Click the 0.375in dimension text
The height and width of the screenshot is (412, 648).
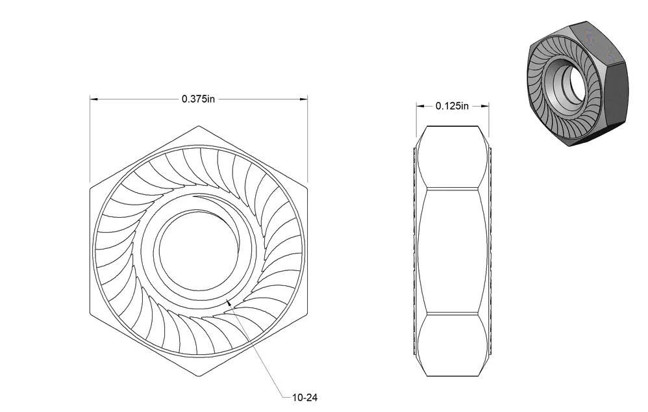point(199,99)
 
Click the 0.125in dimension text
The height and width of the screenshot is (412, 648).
point(452,107)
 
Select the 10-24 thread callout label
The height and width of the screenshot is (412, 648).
point(305,398)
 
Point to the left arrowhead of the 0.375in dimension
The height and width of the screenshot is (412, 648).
point(93,99)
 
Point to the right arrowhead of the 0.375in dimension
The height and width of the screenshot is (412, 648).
point(304,99)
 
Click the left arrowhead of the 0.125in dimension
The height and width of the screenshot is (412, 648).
point(420,107)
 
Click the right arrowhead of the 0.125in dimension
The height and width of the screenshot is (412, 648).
point(485,107)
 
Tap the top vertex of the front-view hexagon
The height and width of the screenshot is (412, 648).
point(199,126)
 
